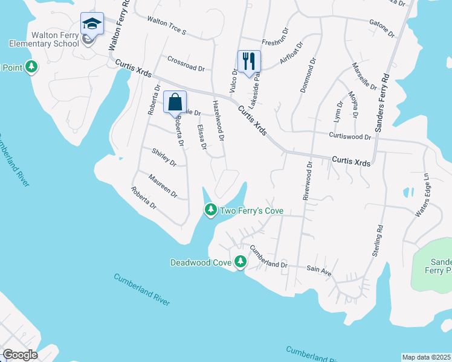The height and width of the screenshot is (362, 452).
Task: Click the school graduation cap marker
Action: (x=92, y=24)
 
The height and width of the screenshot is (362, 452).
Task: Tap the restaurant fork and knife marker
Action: (x=248, y=60)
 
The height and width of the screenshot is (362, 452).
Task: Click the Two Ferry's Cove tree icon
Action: (x=210, y=210)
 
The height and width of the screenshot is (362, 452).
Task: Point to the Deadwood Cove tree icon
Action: (x=241, y=262)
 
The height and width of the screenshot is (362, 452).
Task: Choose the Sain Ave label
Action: (x=319, y=271)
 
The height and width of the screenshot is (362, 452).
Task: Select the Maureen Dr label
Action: (x=163, y=186)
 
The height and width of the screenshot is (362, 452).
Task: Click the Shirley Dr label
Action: (x=164, y=158)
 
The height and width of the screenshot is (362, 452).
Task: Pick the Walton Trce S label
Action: (x=167, y=26)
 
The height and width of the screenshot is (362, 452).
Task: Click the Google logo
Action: (x=21, y=355)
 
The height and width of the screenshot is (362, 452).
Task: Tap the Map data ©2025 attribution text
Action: (x=427, y=357)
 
